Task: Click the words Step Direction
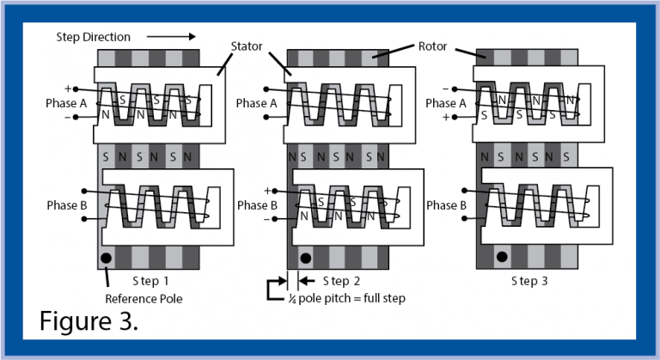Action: coord(94,37)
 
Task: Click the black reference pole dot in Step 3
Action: coord(500,256)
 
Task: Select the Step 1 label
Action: coord(151,281)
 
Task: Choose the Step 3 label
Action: coord(529,281)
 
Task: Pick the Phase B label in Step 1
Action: coord(68,206)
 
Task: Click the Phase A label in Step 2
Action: coord(257,103)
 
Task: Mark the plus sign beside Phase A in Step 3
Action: coord(444,117)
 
